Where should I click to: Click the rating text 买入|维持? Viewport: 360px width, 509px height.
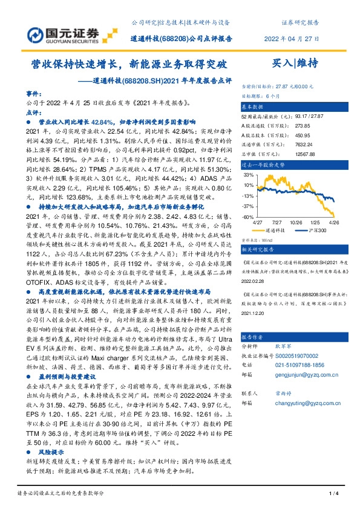pyautogui.click(x=295, y=62)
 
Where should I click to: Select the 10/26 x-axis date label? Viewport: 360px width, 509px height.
pyautogui.click(x=297, y=222)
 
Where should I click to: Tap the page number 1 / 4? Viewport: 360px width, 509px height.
pyautogui.click(x=333, y=494)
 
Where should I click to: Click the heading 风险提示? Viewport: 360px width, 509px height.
pyautogui.click(x=53, y=452)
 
